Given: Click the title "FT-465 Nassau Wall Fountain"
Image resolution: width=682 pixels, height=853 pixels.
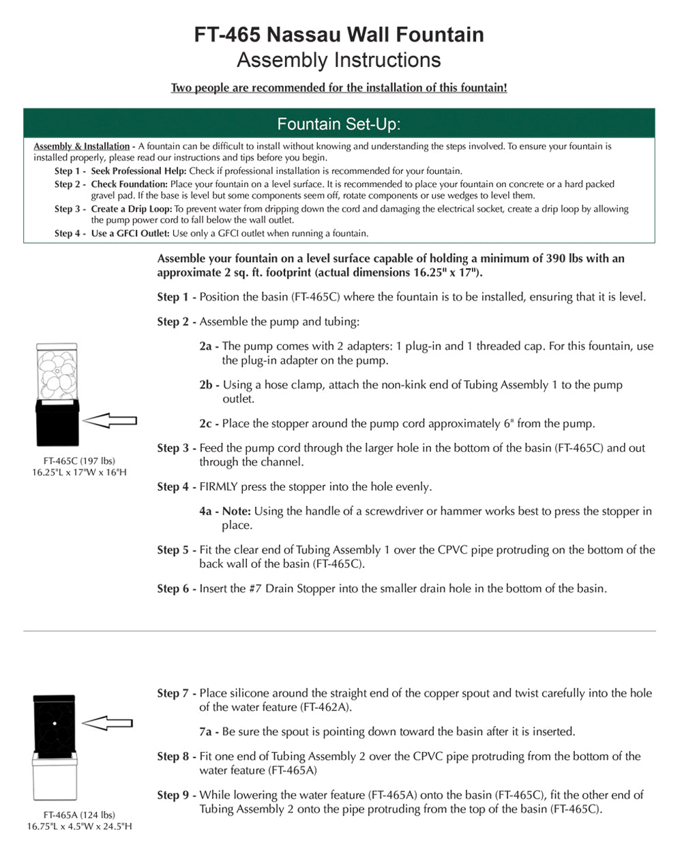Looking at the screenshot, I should tap(339, 34).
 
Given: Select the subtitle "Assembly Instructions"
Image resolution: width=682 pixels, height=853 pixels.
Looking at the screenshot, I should tap(339, 60).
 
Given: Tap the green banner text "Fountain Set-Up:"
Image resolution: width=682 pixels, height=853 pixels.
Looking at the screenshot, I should tap(339, 124).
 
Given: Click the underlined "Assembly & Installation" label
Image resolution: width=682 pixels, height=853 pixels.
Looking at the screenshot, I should tap(81, 146).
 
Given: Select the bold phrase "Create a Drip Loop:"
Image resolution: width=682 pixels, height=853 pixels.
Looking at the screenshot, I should tap(132, 209).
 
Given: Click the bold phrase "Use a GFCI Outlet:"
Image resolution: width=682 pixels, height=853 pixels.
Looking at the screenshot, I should tap(130, 233).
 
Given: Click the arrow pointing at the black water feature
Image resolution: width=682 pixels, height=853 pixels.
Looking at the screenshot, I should tap(106, 722).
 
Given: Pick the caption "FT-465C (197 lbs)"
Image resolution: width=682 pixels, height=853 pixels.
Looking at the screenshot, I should tap(79, 461).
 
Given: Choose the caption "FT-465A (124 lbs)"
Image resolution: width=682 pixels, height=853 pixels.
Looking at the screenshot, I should tap(79, 815).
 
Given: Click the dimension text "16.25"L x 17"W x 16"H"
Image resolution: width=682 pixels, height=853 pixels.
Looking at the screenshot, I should tap(79, 472).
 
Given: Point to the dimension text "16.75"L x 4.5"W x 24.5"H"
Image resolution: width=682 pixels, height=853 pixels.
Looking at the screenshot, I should tap(79, 826).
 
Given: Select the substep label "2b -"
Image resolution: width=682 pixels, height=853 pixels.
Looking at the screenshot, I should tap(209, 385).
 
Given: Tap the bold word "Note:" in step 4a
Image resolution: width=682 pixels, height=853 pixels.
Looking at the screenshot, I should tap(236, 511).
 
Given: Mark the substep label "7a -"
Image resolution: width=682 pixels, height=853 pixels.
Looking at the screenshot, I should tap(209, 732).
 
